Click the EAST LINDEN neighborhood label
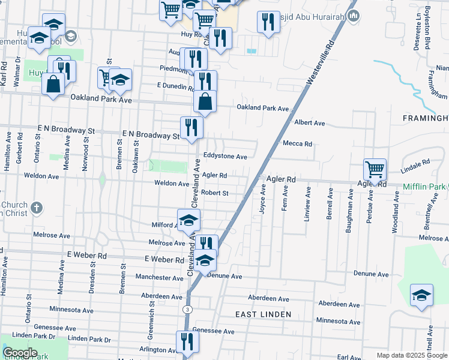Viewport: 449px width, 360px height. pyautogui.click(x=263, y=314)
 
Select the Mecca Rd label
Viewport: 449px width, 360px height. pyautogui.click(x=298, y=144)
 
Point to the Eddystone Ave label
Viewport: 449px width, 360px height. pyautogui.click(x=225, y=157)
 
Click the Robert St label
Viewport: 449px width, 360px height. pyautogui.click(x=215, y=193)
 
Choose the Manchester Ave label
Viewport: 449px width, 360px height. pyautogui.click(x=159, y=278)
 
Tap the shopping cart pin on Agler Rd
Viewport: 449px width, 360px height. pyautogui.click(x=375, y=170)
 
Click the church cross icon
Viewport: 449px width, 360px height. pyautogui.click(x=37, y=208)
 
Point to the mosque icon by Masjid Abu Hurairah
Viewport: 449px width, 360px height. pyautogui.click(x=353, y=17)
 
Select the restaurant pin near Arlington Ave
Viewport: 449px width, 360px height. pyautogui.click(x=187, y=342)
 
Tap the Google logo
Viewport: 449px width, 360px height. pyautogui.click(x=20, y=353)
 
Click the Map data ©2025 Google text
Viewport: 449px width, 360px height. pyautogui.click(x=411, y=356)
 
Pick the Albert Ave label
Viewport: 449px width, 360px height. pyautogui.click(x=310, y=123)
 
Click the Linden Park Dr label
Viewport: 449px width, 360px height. pyautogui.click(x=90, y=339)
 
